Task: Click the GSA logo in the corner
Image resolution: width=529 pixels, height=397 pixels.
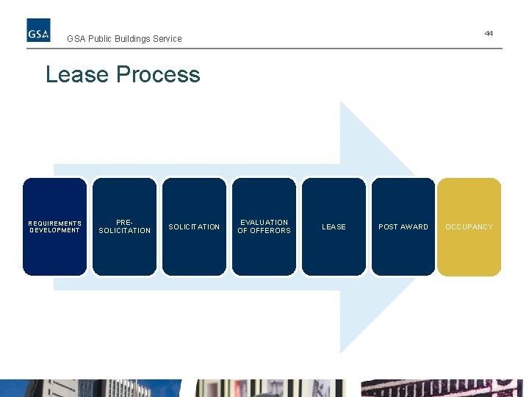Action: (x=39, y=30)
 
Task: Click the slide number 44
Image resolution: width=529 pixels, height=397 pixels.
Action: (x=489, y=34)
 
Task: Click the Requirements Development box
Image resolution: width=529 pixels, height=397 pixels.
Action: (x=54, y=250)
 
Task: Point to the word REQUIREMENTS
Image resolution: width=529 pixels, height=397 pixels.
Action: (x=55, y=223)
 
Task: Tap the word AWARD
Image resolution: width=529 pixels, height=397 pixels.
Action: (x=414, y=227)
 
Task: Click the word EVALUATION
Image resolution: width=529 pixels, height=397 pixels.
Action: (x=264, y=222)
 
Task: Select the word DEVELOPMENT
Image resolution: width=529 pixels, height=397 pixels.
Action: (x=55, y=230)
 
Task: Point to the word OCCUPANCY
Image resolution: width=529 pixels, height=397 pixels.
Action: (x=469, y=227)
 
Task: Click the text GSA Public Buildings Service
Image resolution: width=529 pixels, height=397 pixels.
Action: (x=124, y=39)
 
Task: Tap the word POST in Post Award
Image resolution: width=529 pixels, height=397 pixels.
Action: (x=388, y=227)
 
